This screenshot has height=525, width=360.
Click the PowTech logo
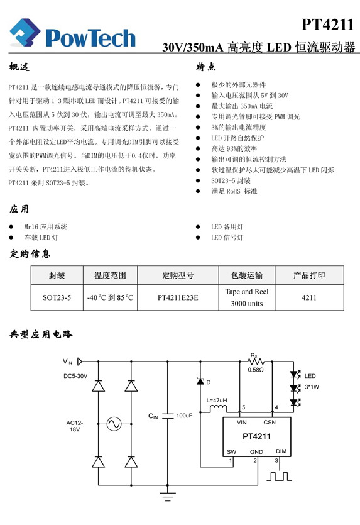72,33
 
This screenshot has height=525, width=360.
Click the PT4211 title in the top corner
327,25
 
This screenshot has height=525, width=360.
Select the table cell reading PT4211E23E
178,297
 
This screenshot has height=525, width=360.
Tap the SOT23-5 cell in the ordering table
57,297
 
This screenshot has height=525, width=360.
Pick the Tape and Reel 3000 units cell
247,297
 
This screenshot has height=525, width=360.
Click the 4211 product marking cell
309,297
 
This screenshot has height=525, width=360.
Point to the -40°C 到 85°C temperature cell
110,297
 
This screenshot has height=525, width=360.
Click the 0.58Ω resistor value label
256,370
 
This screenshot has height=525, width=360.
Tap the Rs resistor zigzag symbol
256,362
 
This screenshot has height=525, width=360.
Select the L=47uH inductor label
217,400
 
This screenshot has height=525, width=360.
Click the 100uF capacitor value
184,416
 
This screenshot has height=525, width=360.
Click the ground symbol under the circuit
168,496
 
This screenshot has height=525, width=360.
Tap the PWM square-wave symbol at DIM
279,476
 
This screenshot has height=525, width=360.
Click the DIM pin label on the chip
281,451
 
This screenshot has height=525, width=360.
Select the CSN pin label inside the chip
270,423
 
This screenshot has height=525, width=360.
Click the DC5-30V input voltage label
75,376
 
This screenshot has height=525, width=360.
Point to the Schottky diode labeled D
200,381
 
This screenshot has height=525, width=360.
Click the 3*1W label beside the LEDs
312,387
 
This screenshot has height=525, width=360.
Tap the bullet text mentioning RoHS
234,191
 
